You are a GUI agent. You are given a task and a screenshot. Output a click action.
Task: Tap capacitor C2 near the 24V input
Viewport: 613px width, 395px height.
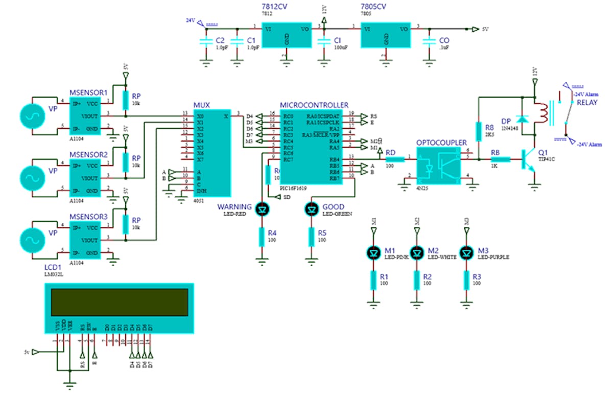pos(205,42)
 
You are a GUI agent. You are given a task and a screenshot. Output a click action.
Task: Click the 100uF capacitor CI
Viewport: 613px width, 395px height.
pos(324,42)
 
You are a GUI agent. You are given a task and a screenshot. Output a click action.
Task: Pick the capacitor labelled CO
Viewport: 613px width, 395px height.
pos(429,42)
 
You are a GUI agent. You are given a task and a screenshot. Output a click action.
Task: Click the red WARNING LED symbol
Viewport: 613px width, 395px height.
pos(262,208)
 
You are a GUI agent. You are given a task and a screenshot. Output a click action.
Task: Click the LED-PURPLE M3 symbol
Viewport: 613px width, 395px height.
pos(466,252)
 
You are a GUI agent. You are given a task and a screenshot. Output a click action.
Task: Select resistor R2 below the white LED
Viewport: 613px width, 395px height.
pos(417,280)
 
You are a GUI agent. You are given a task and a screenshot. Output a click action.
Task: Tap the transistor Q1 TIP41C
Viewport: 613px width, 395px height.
pos(529,160)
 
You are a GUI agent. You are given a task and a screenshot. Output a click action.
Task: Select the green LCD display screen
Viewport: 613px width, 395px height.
pos(119,302)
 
